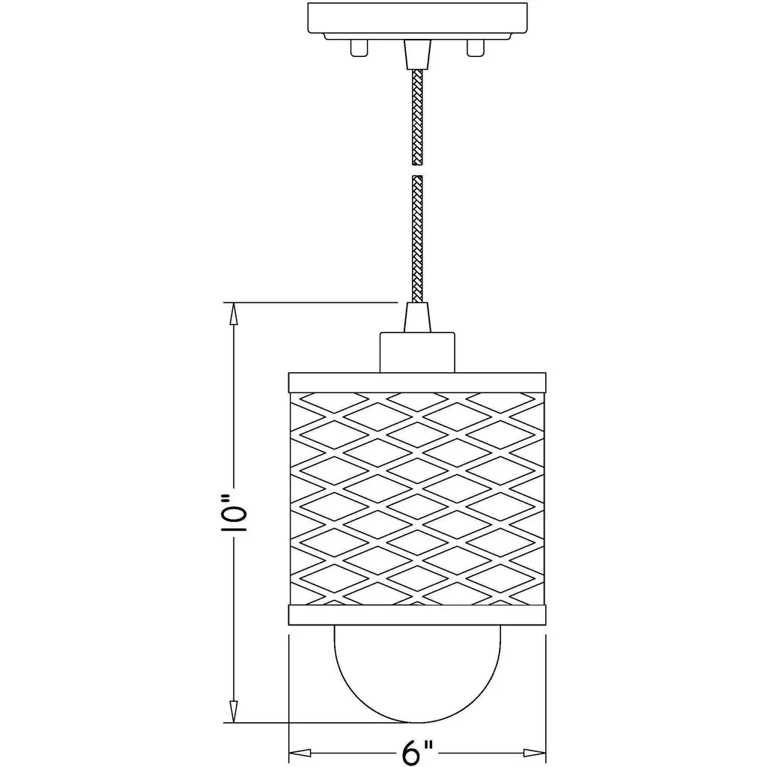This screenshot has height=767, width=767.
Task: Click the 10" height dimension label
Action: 234,513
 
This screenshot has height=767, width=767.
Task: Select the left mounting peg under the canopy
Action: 358,48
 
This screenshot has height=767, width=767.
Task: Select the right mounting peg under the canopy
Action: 476,48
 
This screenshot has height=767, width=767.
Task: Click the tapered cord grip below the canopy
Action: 417,54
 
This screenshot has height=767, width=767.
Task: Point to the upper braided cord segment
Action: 417,117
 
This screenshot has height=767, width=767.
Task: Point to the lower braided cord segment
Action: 417,239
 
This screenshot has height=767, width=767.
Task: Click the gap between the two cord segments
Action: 417,170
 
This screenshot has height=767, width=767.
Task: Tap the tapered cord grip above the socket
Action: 417,318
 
